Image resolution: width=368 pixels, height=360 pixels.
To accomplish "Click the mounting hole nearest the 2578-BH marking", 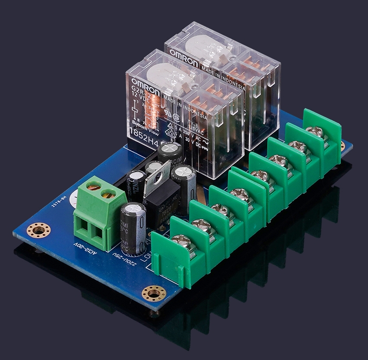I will [x=39, y=230].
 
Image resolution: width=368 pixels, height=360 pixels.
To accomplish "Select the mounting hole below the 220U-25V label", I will [x=154, y=293].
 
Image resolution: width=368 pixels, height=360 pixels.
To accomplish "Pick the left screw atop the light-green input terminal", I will [x=93, y=187].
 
